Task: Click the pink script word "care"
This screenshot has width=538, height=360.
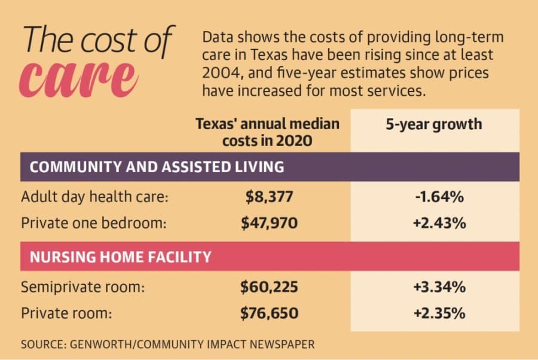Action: pos(79,79)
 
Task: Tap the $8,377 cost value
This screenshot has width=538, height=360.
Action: pos(270,197)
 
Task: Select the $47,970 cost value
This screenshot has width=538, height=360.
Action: pos(270,223)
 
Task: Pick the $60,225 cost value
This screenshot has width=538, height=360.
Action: pos(270,287)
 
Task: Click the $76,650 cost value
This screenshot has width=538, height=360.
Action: pos(270,313)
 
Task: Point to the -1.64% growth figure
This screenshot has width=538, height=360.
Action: pos(439,197)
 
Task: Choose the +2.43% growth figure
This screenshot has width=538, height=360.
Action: pos(439,223)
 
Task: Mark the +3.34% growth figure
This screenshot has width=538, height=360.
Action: pos(439,287)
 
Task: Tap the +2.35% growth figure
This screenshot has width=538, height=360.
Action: pos(439,313)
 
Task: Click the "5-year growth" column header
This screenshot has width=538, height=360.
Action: pos(434,124)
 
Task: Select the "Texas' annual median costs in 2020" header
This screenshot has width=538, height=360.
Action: pos(268,132)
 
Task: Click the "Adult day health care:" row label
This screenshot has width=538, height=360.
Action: pos(94,197)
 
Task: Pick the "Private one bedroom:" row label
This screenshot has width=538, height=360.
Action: pos(94,223)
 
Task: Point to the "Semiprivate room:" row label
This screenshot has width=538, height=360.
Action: pos(82,287)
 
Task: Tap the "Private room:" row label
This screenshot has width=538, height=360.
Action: pos(66,313)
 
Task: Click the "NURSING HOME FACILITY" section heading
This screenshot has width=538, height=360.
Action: pos(120,257)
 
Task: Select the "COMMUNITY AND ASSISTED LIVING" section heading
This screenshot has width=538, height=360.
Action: pos(157,167)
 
